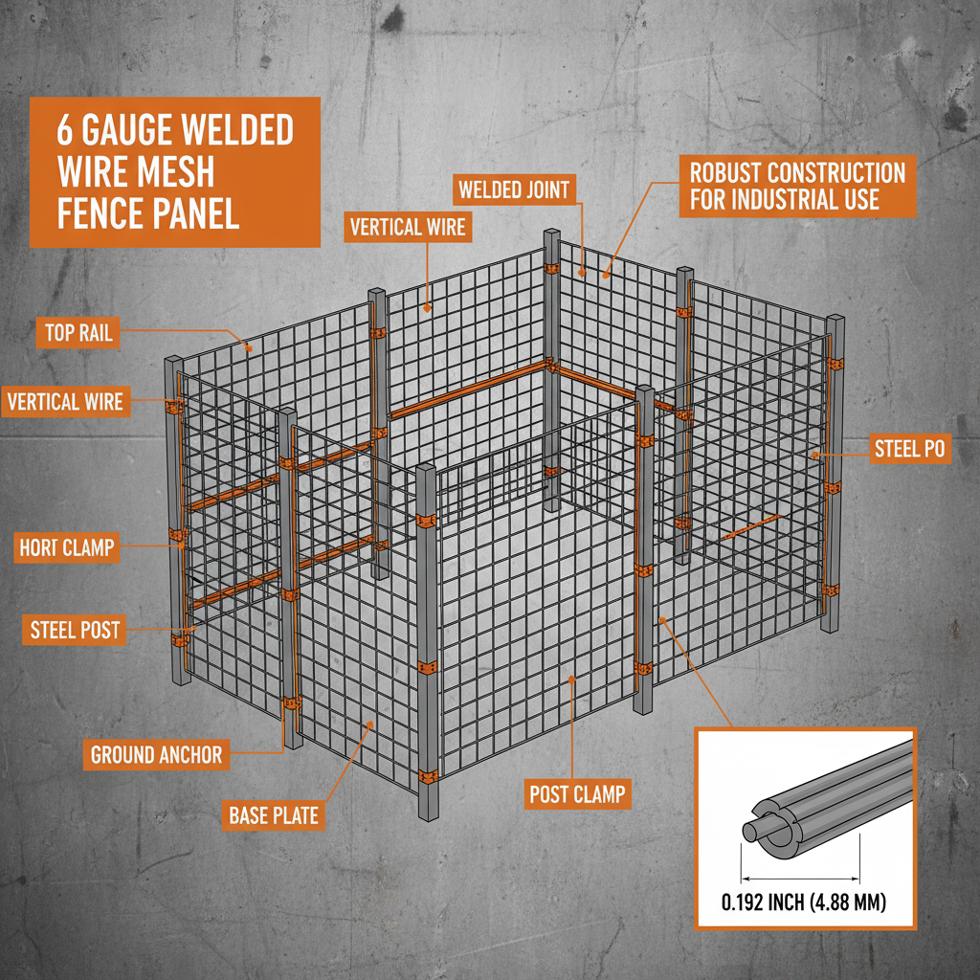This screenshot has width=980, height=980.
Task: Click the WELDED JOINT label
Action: (514, 189)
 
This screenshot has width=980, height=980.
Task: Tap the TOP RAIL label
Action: (78, 333)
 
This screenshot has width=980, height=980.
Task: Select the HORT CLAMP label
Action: (67, 548)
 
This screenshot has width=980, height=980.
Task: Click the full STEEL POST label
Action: (75, 630)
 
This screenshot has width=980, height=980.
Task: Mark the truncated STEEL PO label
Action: (909, 448)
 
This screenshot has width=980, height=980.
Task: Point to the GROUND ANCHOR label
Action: (156, 755)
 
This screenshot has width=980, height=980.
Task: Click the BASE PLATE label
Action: (274, 815)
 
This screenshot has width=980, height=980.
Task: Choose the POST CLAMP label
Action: (578, 793)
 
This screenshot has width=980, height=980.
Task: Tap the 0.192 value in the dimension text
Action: (746, 902)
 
